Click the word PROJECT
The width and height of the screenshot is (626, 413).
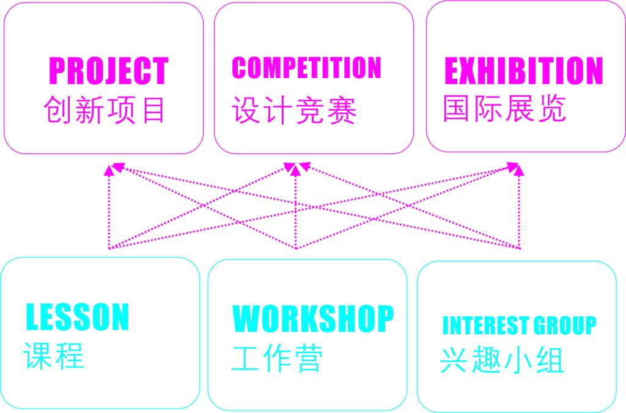108,70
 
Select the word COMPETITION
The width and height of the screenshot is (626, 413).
306,68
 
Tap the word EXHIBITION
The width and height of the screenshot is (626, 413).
523,70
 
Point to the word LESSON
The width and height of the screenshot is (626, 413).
78,316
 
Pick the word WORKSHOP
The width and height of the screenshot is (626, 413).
313,318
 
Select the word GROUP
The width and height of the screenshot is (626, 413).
565,326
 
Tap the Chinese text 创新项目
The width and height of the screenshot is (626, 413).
105,111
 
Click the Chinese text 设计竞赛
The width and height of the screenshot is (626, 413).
294,111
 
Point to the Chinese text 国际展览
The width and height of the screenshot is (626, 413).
504,108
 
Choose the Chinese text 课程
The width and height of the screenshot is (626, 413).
54,355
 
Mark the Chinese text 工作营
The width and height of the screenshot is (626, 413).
277,358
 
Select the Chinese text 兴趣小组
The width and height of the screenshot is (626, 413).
501,360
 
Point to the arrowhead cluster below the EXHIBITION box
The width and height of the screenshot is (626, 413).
517,167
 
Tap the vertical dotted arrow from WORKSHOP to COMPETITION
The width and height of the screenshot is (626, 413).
296,208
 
